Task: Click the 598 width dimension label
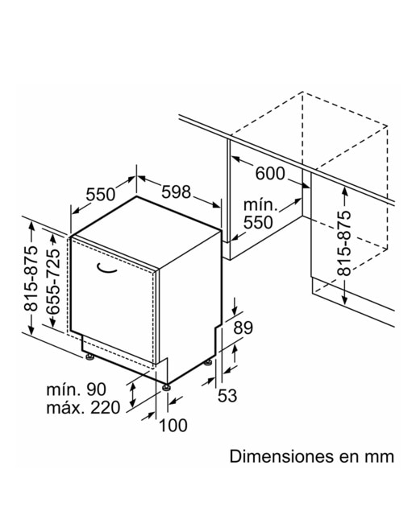pyautogui.click(x=176, y=192)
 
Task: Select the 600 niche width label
pyautogui.click(x=270, y=174)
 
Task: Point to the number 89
pyautogui.click(x=243, y=328)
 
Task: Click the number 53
pyautogui.click(x=227, y=395)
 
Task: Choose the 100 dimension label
pyautogui.click(x=173, y=425)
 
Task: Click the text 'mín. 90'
pyautogui.click(x=77, y=389)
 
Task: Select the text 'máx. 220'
pyautogui.click(x=83, y=408)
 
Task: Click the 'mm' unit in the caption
pyautogui.click(x=381, y=457)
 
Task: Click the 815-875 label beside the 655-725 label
pyautogui.click(x=31, y=278)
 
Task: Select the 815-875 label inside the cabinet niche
pyautogui.click(x=344, y=243)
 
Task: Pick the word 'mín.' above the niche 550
pyautogui.click(x=260, y=205)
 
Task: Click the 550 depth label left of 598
pyautogui.click(x=101, y=195)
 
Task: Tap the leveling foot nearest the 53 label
pyautogui.click(x=208, y=363)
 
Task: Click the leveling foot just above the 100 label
pyautogui.click(x=166, y=387)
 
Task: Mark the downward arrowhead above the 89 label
pyautogui.click(x=235, y=311)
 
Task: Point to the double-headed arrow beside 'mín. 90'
pyautogui.click(x=133, y=395)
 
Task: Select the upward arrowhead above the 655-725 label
pyautogui.click(x=53, y=238)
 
